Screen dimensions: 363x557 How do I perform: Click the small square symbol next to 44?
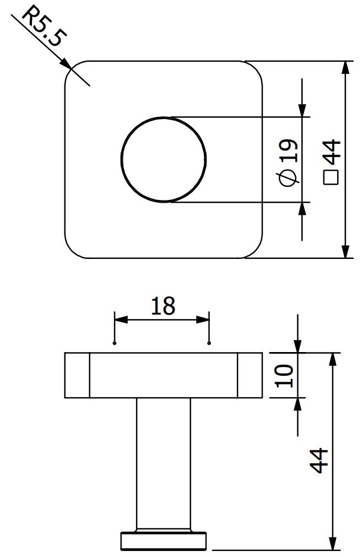coord(331,177)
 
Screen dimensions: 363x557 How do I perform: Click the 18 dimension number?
coord(163,306)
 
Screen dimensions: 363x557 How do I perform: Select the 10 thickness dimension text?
coord(284,376)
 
